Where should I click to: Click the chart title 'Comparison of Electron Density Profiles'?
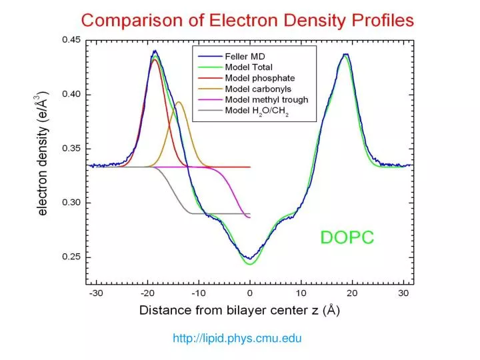[x=248, y=19]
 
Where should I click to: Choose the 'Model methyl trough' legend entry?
[x=266, y=100]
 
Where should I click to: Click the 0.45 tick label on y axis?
[x=71, y=39]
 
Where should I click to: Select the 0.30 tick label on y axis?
[x=71, y=203]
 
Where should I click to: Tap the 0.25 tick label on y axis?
[x=71, y=257]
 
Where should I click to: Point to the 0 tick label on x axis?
[x=249, y=293]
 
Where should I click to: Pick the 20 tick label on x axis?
[x=352, y=293]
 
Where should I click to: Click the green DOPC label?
[x=347, y=237]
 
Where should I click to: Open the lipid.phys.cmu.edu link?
[x=237, y=339]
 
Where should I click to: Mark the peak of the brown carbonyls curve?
[x=178, y=102]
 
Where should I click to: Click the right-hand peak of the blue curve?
[x=345, y=55]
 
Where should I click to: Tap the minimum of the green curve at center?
[x=249, y=264]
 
